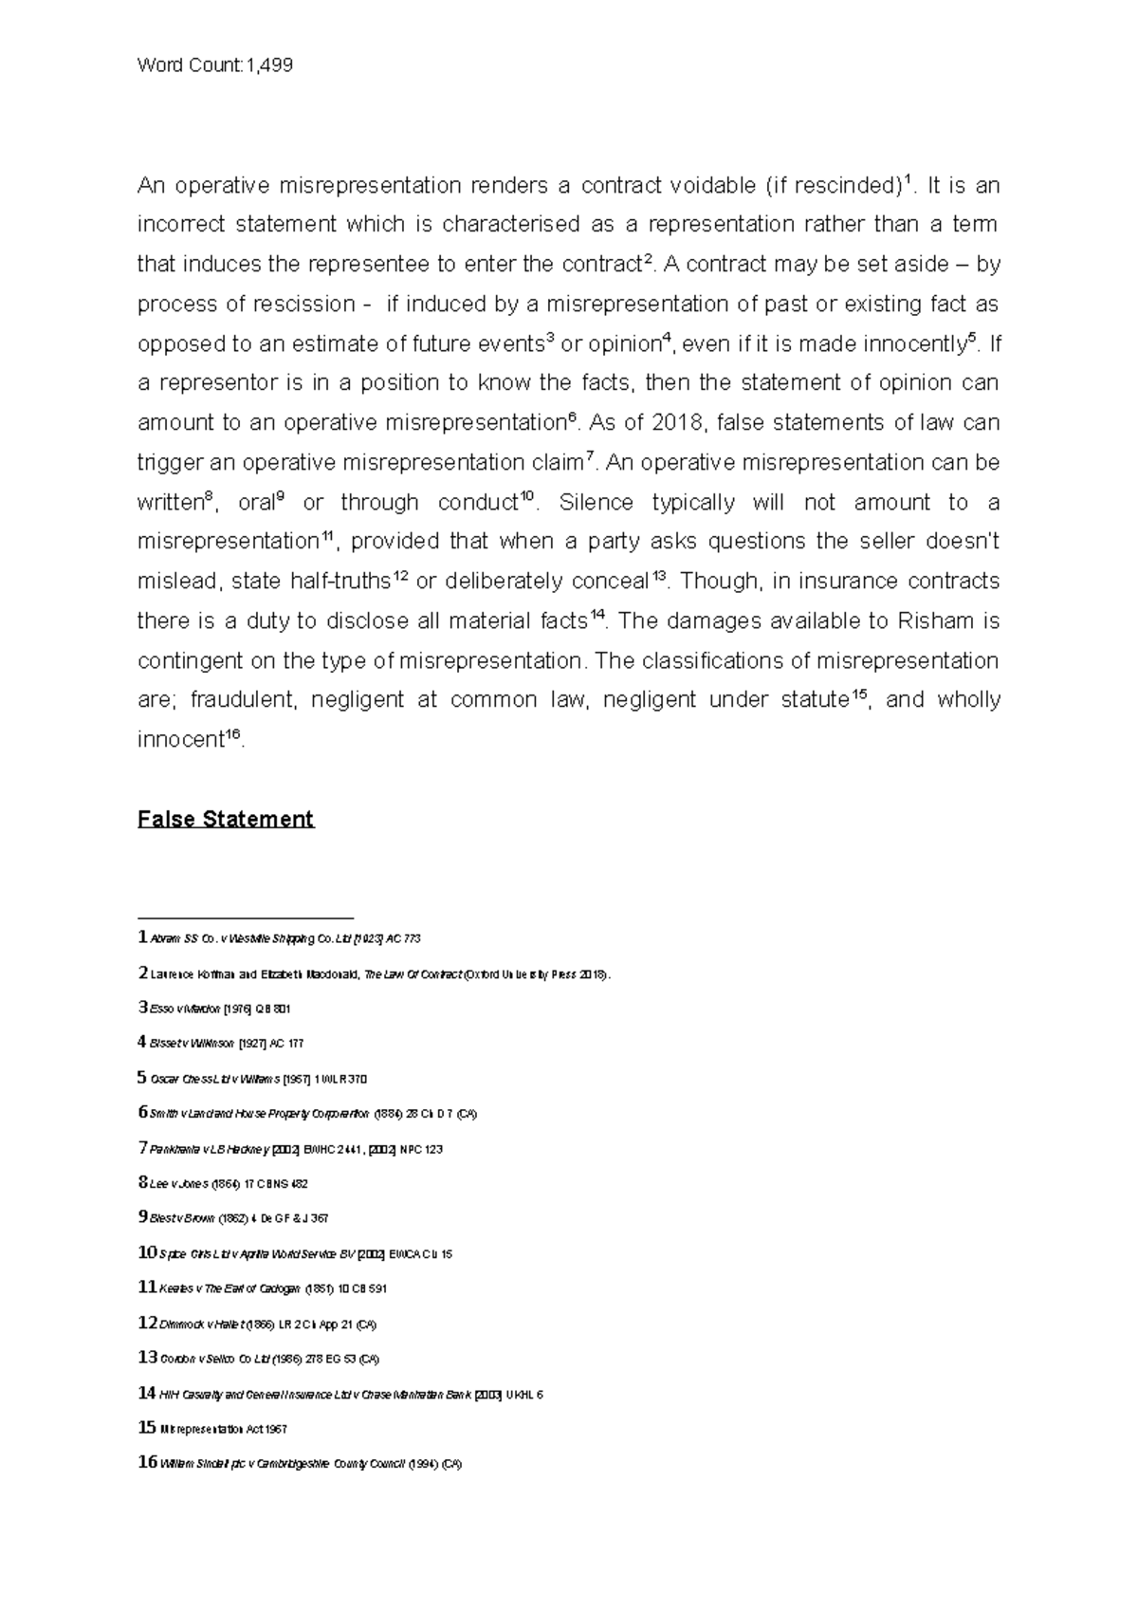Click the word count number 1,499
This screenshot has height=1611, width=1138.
coord(269,65)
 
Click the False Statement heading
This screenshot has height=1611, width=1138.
coord(226,819)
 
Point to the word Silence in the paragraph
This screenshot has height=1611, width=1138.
coord(594,503)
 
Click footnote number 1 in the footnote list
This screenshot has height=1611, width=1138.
coord(142,938)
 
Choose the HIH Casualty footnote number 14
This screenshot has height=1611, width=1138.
coord(147,1394)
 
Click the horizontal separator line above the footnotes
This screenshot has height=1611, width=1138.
coord(245,918)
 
